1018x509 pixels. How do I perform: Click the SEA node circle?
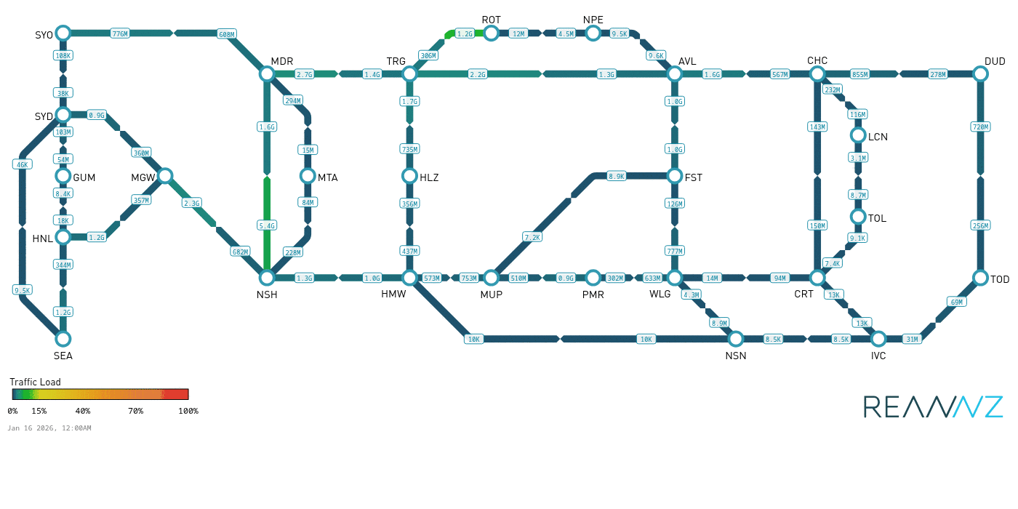(x=63, y=339)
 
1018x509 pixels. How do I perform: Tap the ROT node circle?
(x=491, y=33)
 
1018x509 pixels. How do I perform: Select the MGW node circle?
(x=165, y=175)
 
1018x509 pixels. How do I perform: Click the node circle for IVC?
(x=878, y=339)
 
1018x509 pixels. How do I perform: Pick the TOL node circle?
(x=858, y=217)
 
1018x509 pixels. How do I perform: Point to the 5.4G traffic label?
(x=267, y=225)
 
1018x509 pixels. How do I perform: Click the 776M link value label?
(x=120, y=33)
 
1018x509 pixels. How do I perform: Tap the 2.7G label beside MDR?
(x=305, y=74)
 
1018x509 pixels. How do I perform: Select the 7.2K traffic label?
(x=532, y=237)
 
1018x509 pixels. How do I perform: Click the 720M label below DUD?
(x=980, y=127)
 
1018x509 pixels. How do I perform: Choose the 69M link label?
(x=956, y=302)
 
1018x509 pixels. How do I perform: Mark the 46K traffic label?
(x=23, y=164)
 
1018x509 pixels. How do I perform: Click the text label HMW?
(x=393, y=294)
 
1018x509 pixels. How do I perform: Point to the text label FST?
(x=694, y=177)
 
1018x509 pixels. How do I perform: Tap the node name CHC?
(x=817, y=60)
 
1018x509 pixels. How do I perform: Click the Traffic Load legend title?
(x=35, y=382)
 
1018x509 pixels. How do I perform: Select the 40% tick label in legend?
(x=83, y=411)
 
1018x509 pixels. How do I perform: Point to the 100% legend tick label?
(x=188, y=411)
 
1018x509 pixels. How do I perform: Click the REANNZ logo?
(x=933, y=407)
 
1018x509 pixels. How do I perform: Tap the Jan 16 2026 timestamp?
(x=49, y=428)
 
